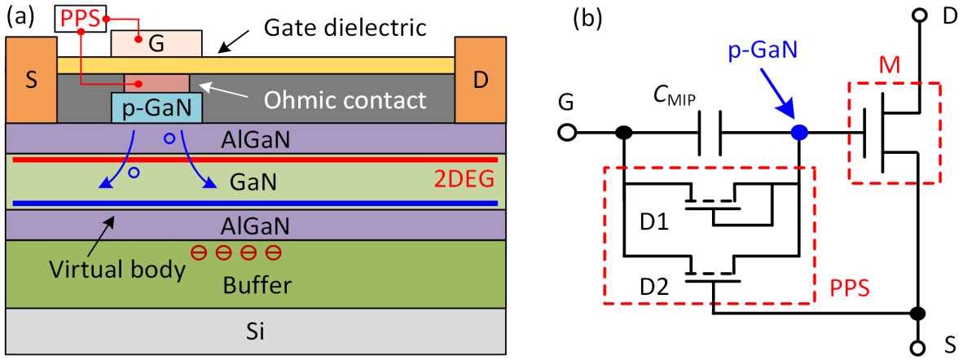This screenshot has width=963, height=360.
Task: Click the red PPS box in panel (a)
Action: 80,17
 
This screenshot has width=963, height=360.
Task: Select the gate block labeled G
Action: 156,44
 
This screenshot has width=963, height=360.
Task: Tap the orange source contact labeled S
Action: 31,81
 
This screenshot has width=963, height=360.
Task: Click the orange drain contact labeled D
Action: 481,81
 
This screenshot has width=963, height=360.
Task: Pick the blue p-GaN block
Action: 156,107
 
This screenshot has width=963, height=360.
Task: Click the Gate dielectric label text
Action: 345,29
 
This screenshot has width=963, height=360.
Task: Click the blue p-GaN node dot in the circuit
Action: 800,132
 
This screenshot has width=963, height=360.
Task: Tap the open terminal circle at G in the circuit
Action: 567,132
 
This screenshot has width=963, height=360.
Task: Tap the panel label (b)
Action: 589,15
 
